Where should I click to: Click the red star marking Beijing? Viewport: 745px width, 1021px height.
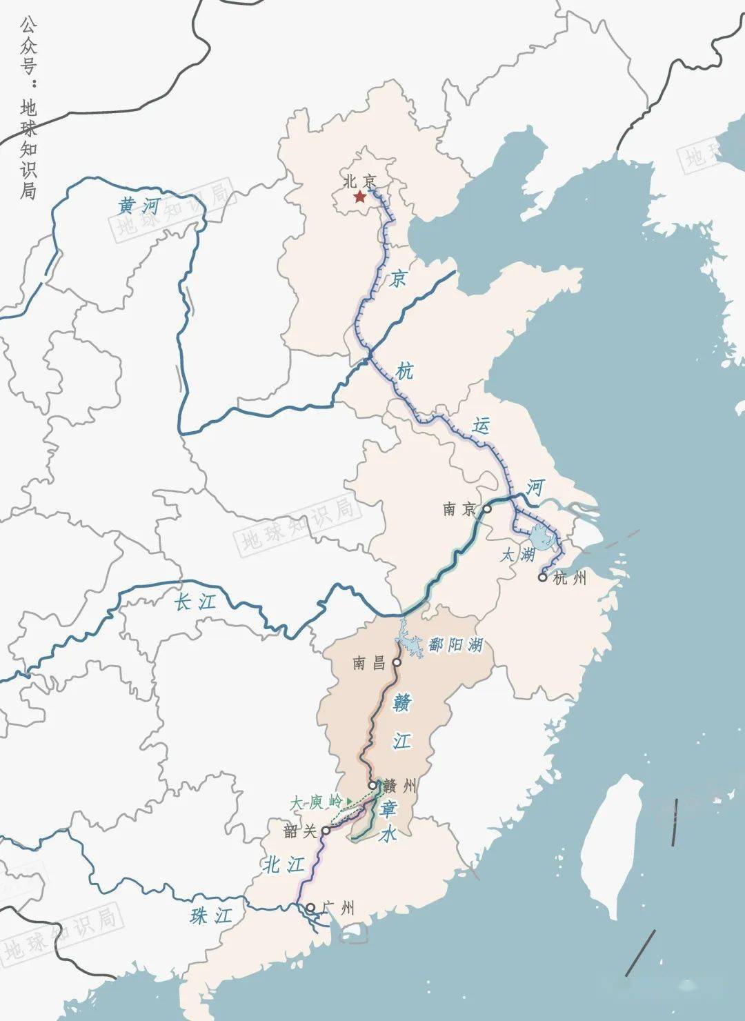click(x=359, y=198)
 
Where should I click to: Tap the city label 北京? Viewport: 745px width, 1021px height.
click(x=360, y=181)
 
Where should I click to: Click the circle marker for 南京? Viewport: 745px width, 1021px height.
click(x=487, y=508)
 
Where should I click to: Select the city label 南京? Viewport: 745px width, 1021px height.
click(x=460, y=510)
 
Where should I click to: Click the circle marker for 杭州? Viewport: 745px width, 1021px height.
click(x=543, y=577)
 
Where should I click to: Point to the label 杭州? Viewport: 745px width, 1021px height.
click(x=570, y=578)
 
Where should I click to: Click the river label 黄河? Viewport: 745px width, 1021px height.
click(x=139, y=206)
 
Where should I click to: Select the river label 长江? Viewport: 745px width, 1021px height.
click(x=195, y=602)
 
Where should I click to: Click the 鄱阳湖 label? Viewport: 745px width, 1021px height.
click(x=455, y=646)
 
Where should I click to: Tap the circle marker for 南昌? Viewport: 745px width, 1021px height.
click(x=397, y=662)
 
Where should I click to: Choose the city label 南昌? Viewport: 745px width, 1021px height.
click(x=369, y=664)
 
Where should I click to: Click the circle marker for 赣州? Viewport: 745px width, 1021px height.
click(x=372, y=785)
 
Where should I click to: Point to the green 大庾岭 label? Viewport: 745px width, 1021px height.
click(x=316, y=803)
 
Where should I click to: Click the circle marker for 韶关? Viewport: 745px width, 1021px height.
click(x=326, y=831)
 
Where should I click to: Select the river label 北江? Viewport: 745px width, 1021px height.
click(x=283, y=864)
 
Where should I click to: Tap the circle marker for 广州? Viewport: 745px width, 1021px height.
click(x=310, y=907)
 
